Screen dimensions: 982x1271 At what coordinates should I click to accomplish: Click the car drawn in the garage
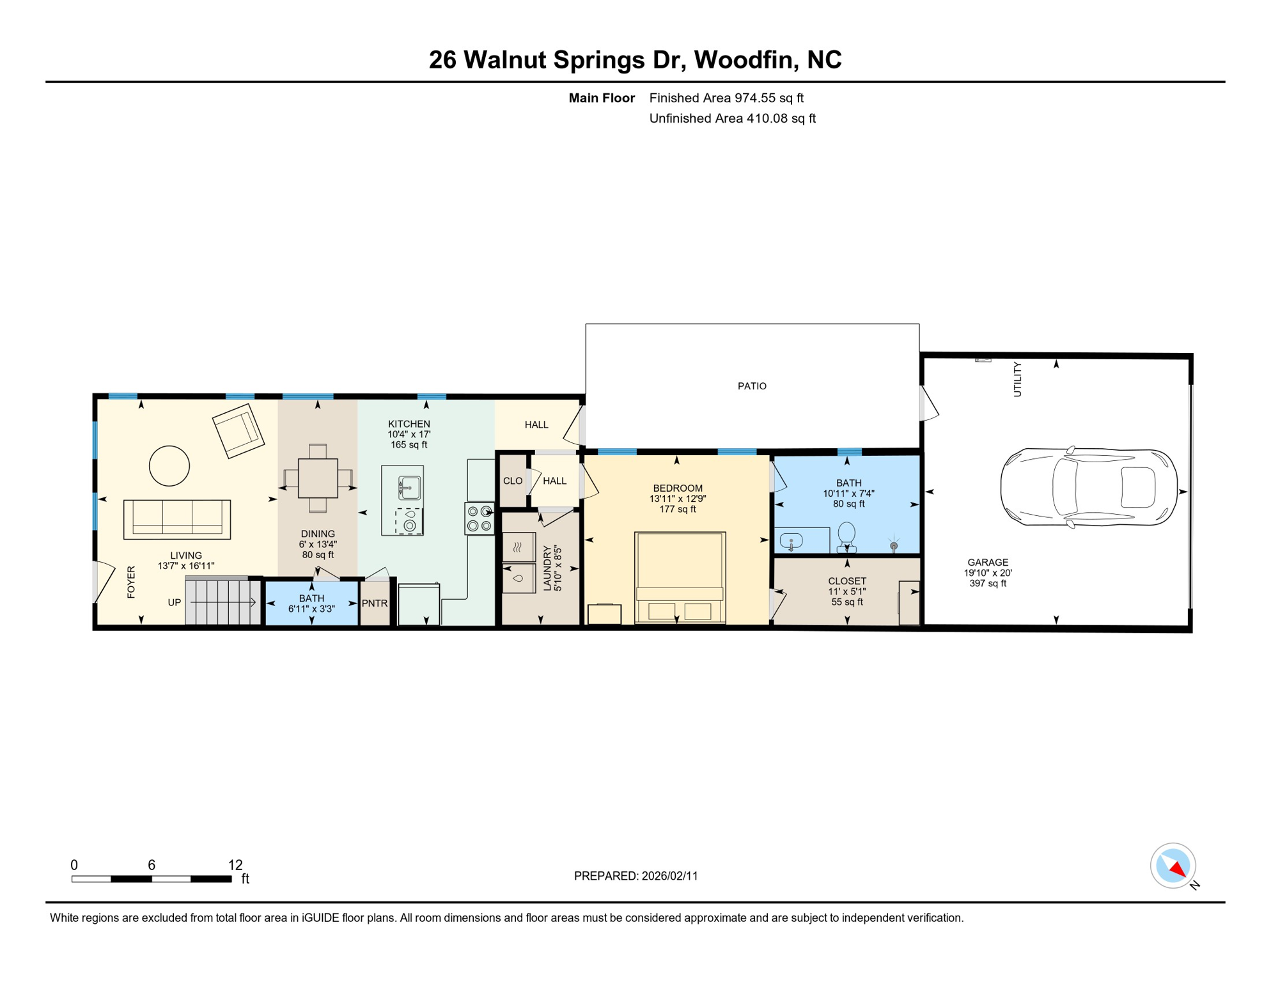coord(1088,487)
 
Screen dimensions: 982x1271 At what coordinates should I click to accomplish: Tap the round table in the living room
coord(169,465)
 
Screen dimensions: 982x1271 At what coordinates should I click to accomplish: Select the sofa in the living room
coord(177,519)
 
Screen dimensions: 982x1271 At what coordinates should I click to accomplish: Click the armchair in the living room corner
coord(238,430)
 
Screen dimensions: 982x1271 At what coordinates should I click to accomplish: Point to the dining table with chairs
coord(318,478)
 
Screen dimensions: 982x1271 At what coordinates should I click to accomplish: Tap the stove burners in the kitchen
coord(479,518)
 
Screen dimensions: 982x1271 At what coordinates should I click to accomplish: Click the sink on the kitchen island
coord(409,488)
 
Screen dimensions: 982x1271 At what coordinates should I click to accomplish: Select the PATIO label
coord(752,386)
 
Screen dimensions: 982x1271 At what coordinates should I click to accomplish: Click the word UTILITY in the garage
coord(1017,379)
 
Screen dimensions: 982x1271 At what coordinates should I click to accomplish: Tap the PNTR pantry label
coord(375,603)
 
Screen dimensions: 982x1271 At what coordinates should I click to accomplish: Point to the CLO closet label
coord(513,481)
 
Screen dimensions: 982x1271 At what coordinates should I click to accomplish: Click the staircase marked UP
coord(222,602)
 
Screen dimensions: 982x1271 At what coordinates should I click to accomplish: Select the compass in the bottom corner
coord(1173,866)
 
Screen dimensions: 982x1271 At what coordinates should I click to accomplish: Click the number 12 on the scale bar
coord(235,865)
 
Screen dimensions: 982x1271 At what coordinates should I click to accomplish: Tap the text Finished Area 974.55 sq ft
coord(726,98)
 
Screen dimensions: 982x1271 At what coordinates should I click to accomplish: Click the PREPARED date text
coord(635,876)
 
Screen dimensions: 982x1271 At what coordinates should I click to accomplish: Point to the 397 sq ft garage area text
coord(988,583)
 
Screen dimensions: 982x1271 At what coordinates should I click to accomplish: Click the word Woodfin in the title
coord(745,59)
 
